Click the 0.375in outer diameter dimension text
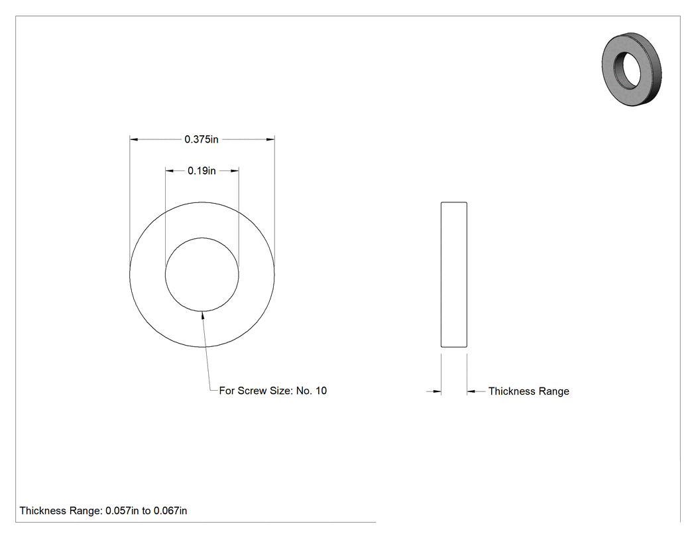click(x=202, y=139)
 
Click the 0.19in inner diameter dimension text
click(x=202, y=170)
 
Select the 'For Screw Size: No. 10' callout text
click(x=273, y=391)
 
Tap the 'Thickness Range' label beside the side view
click(x=529, y=391)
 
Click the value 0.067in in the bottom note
click(x=170, y=511)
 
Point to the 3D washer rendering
click(x=632, y=69)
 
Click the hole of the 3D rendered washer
click(x=627, y=69)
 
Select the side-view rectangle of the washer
click(x=453, y=275)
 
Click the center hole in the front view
click(x=202, y=275)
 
